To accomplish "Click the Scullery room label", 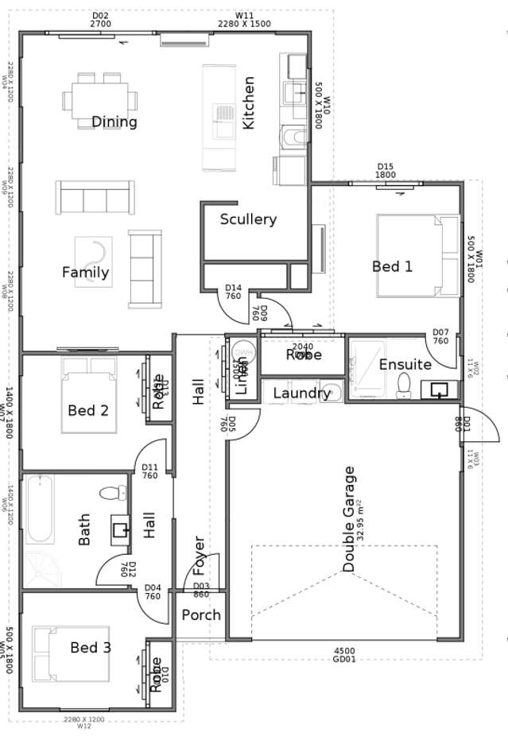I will (x=248, y=219).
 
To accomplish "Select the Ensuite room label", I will (x=405, y=365).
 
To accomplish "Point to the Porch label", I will (x=201, y=615).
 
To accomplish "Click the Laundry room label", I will (x=301, y=393).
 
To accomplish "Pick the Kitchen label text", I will (x=249, y=103).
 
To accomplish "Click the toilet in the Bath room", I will (x=114, y=494).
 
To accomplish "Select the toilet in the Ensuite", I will (x=403, y=385).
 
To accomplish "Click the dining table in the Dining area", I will (x=100, y=100).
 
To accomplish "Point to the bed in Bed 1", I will (x=417, y=256).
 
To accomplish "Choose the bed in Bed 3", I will (x=70, y=653).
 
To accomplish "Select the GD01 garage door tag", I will (x=345, y=660).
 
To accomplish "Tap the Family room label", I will (x=86, y=273).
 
